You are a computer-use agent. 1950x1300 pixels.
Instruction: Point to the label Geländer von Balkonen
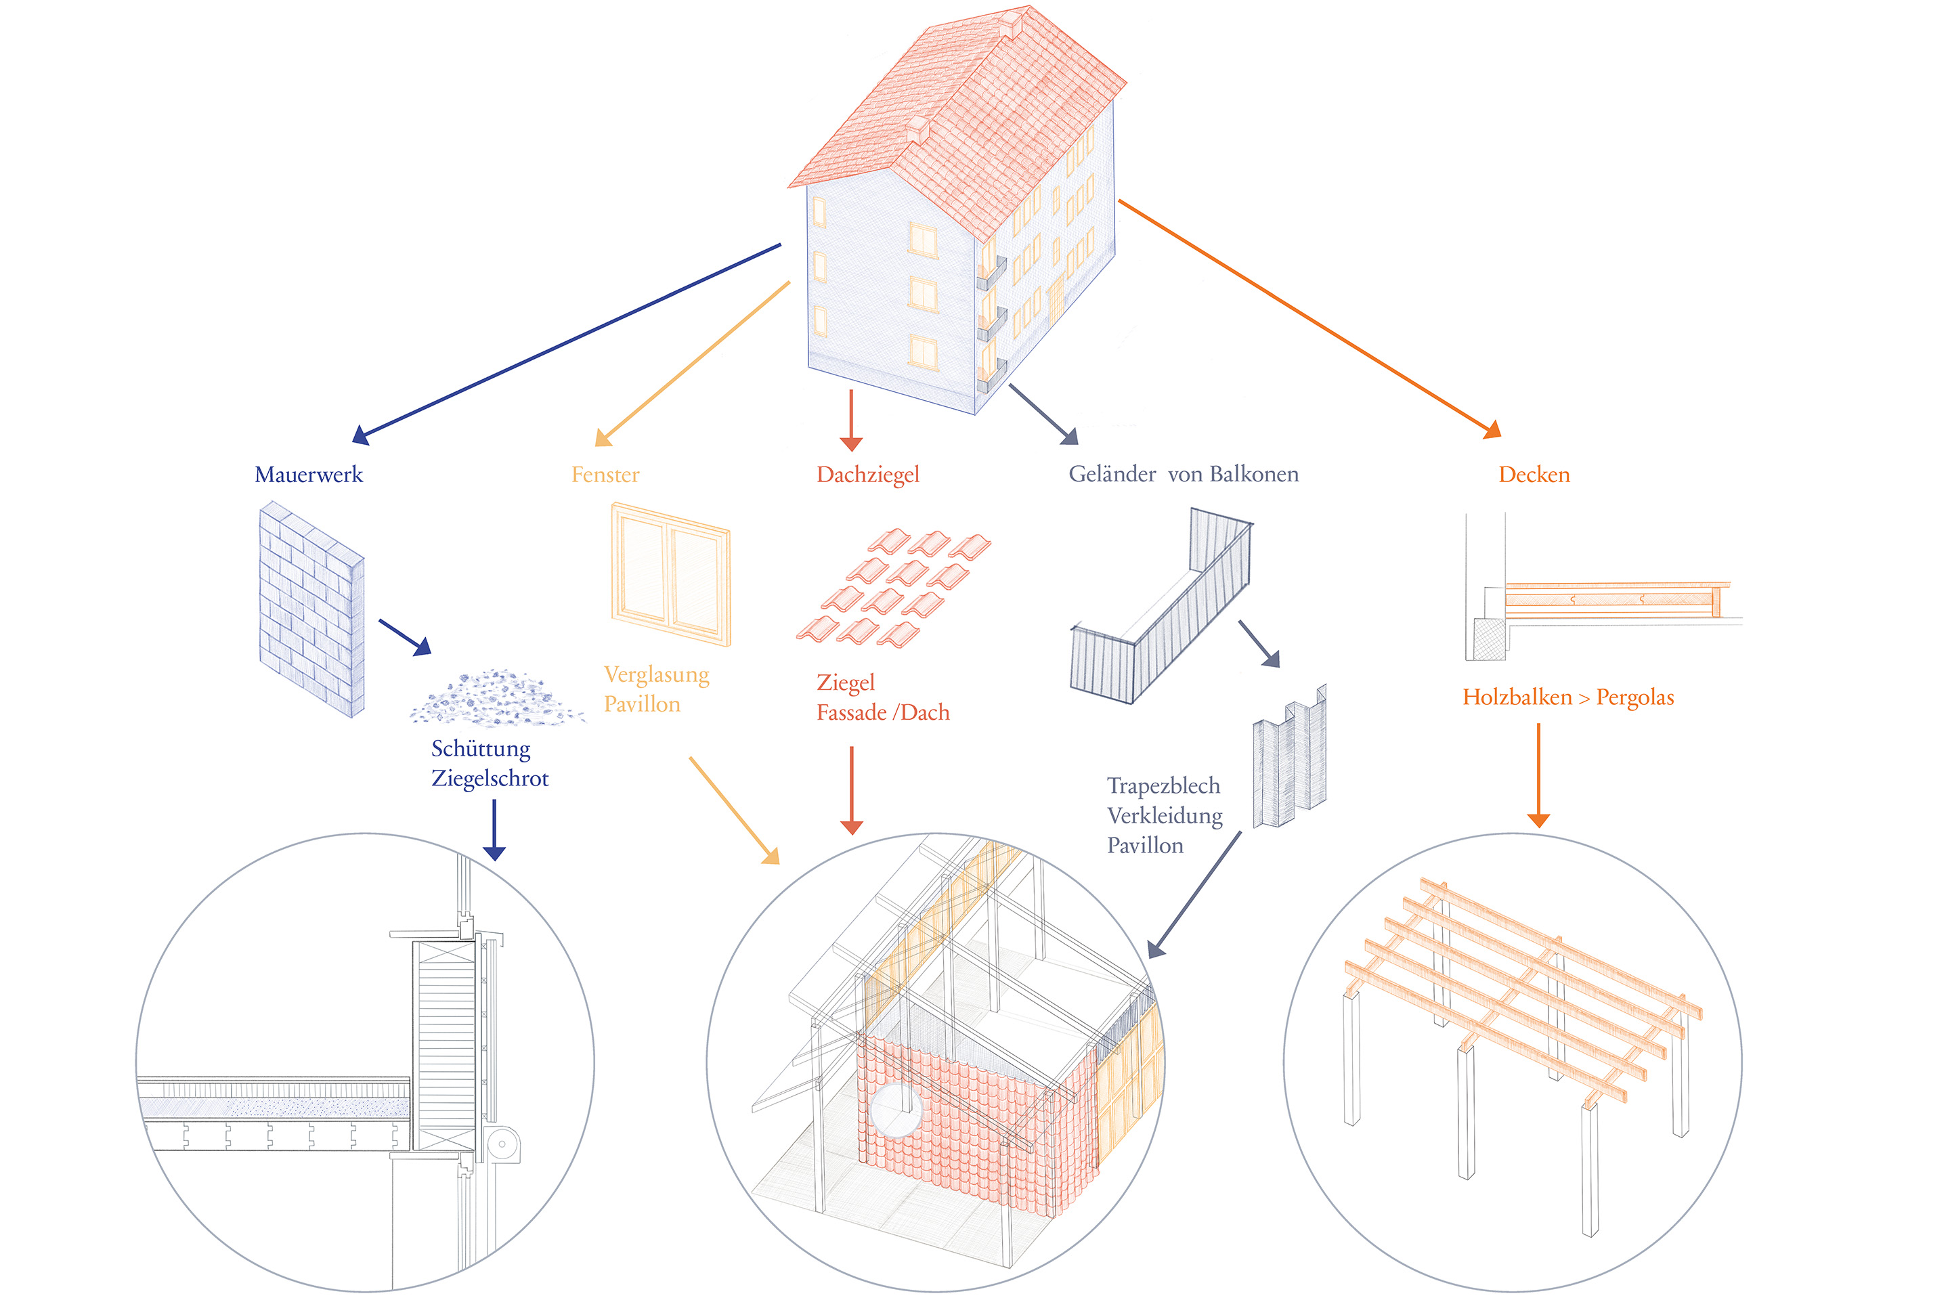click(x=1183, y=474)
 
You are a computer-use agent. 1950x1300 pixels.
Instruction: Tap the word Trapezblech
click(x=1163, y=785)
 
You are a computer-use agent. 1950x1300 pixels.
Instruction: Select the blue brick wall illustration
click(x=311, y=609)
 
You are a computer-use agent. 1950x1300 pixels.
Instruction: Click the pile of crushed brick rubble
click(x=495, y=699)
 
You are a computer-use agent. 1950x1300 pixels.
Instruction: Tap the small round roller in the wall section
click(x=502, y=1144)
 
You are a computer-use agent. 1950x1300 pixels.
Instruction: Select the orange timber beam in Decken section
click(x=1609, y=599)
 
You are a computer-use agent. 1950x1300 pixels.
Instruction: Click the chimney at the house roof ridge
click(x=1010, y=22)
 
